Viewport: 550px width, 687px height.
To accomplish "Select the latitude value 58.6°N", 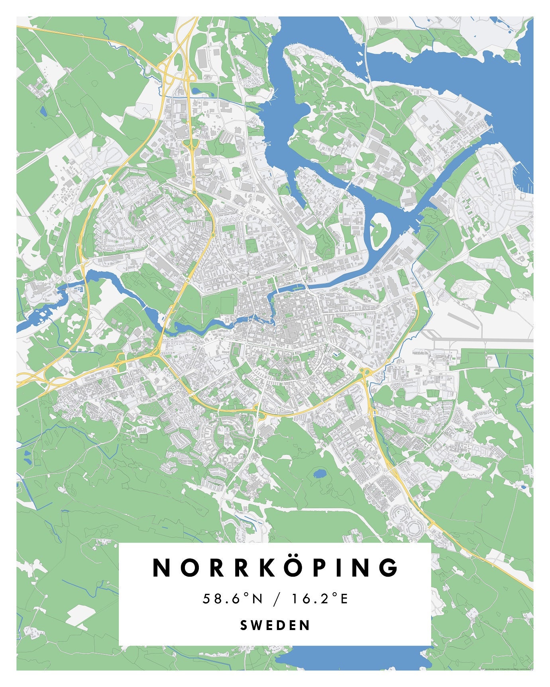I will point(233,599).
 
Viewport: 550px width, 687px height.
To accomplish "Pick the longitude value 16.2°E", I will point(320,599).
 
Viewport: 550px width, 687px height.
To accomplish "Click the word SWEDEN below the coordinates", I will point(275,625).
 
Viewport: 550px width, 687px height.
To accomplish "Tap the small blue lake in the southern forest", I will point(319,474).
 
